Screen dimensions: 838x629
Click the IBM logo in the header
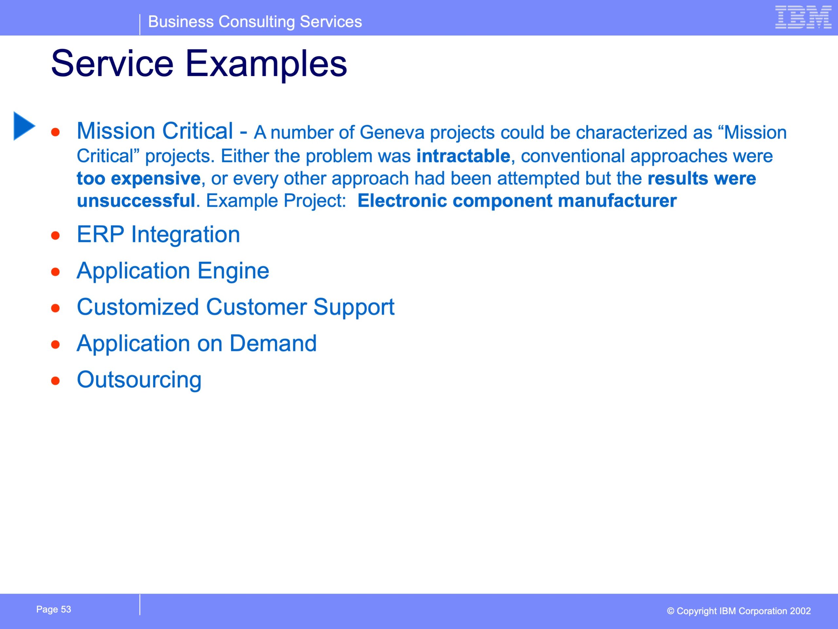click(803, 17)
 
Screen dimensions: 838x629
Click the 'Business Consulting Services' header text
click(255, 22)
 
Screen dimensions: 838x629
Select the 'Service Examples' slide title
click(199, 63)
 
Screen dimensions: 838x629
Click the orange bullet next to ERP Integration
click(55, 236)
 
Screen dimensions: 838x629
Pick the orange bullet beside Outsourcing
click(55, 381)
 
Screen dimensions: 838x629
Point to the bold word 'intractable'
click(463, 156)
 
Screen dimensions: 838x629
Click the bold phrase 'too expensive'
click(139, 179)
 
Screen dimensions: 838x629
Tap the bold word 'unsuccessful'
click(136, 201)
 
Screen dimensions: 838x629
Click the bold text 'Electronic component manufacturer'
click(517, 201)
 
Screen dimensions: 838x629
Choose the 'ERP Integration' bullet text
click(158, 234)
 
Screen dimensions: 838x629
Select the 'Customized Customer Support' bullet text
click(236, 307)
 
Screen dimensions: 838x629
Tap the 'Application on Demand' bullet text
click(197, 344)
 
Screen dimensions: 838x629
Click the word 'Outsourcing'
click(139, 380)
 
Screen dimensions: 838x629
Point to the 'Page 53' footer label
click(54, 609)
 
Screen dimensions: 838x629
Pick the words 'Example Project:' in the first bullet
click(276, 201)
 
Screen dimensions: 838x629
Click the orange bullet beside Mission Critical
click(55, 132)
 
